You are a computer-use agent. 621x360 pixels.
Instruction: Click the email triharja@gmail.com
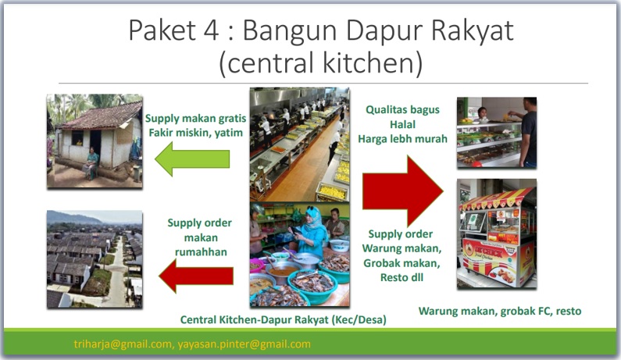(120, 344)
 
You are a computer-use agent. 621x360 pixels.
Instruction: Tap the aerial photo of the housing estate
(95, 258)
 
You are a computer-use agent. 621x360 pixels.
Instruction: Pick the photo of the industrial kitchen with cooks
(299, 144)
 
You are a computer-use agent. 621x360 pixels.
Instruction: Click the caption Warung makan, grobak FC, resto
(500, 311)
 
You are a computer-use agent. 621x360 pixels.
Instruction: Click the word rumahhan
(199, 251)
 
